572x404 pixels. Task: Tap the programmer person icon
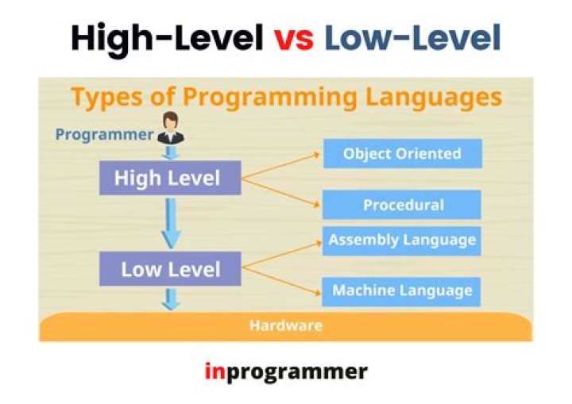pyautogui.click(x=170, y=126)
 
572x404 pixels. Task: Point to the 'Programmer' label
pyautogui.click(x=103, y=134)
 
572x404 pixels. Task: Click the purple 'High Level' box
pyautogui.click(x=169, y=178)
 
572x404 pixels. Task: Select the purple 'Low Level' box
pyautogui.click(x=169, y=270)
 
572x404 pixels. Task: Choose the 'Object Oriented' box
pyautogui.click(x=402, y=153)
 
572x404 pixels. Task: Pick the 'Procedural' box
pyautogui.click(x=402, y=205)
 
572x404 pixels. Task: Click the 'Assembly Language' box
pyautogui.click(x=402, y=240)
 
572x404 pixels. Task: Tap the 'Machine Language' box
pyautogui.click(x=402, y=290)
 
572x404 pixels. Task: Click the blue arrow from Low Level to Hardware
pyautogui.click(x=171, y=298)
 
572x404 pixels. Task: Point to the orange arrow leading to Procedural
pyautogui.click(x=282, y=192)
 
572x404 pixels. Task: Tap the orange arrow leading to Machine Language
pyautogui.click(x=282, y=282)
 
